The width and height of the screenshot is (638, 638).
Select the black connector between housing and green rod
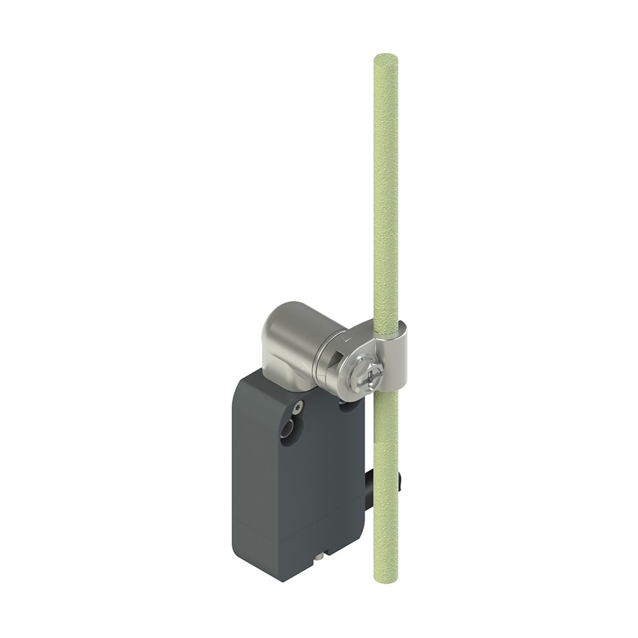click(369, 488)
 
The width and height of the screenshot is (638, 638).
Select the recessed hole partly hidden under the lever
click(348, 404)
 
